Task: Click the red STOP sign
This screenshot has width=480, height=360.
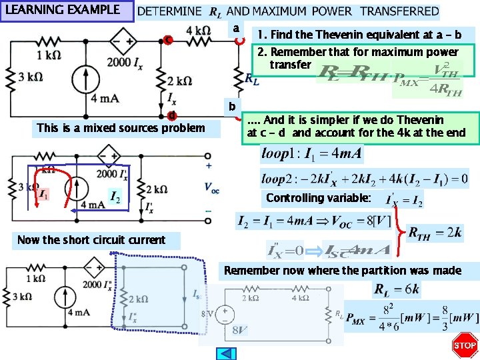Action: pos(465,345)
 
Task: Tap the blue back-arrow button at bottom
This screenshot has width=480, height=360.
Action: pos(227,353)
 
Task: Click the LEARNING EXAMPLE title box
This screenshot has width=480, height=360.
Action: pos(67,11)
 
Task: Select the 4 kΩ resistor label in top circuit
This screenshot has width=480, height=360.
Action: pos(199,31)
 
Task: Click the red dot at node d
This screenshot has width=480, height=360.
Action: pos(171,115)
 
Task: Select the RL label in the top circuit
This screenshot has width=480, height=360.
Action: pos(252,79)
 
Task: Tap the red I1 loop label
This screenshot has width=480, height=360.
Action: pos(43,195)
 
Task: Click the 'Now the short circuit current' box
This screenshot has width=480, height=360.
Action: pos(91,240)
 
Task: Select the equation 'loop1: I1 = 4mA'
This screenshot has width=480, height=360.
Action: pos(312,155)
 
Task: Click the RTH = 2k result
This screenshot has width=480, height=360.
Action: pos(435,232)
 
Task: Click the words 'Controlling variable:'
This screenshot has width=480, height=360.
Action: pos(318,198)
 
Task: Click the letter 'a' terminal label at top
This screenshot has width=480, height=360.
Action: pos(235,29)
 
